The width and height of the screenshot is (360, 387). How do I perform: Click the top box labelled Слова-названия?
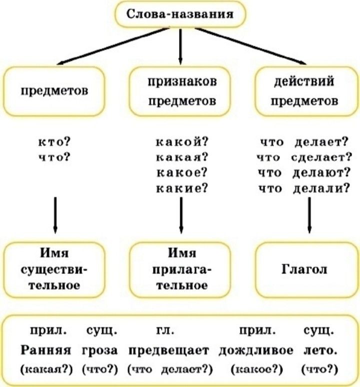tap(180, 14)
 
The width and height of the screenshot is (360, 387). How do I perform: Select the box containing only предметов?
tap(54, 91)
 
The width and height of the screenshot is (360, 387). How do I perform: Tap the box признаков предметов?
tap(180, 91)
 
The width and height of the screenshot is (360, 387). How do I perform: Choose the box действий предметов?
tap(306, 91)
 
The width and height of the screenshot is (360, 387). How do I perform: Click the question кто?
tap(54, 142)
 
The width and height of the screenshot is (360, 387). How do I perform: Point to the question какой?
tap(182, 142)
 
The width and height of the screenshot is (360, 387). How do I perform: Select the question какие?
tap(182, 188)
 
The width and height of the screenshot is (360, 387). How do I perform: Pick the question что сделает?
tap(304, 157)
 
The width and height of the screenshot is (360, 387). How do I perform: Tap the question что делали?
tap(304, 188)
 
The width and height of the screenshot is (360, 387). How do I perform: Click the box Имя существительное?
tap(54, 269)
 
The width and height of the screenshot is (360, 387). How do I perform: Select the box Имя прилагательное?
tap(180, 269)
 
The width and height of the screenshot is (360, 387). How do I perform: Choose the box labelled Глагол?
tap(306, 269)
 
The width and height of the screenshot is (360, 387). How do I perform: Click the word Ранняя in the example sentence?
tap(45, 350)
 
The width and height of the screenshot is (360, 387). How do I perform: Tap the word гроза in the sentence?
tap(99, 350)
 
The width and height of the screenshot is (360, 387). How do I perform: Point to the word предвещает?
tap(169, 350)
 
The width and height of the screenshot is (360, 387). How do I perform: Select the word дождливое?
tap(256, 350)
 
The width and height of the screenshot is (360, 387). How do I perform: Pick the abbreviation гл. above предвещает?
tap(165, 330)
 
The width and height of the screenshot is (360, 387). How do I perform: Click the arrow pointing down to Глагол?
tap(309, 215)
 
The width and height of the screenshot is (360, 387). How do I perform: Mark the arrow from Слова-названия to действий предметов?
tap(250, 46)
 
